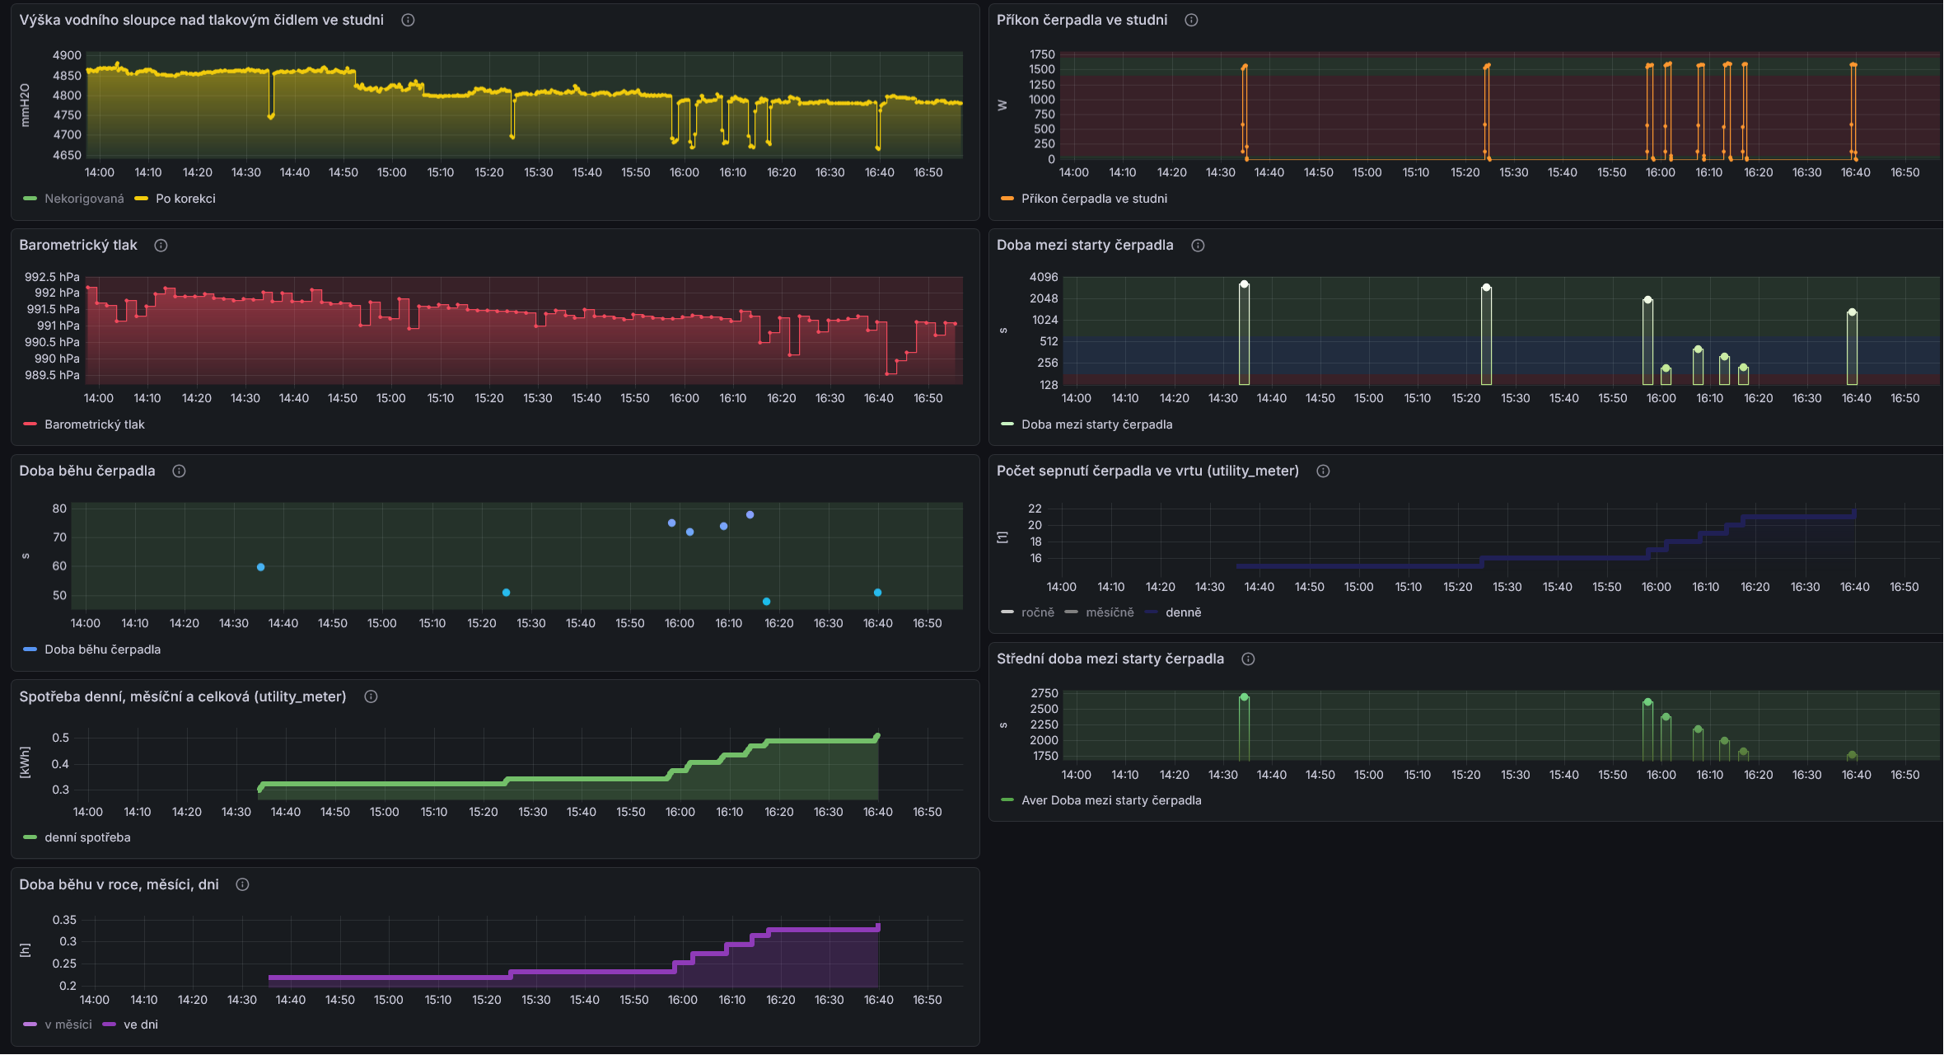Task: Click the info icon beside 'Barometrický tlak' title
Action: coord(161,246)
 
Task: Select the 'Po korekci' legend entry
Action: coord(175,199)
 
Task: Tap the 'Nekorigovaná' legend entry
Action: coord(74,199)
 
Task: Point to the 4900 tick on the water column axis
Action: coord(67,55)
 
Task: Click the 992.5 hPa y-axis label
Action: coord(52,277)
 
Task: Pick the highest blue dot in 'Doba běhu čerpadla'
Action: coord(750,515)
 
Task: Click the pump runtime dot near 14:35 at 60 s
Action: coord(260,567)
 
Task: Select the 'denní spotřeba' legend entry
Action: coord(77,837)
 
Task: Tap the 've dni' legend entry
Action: coord(131,1025)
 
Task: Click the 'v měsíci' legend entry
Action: coord(58,1025)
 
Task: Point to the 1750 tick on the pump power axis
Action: coord(1042,54)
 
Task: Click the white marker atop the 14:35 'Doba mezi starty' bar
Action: coord(1244,284)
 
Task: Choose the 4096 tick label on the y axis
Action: coord(1044,277)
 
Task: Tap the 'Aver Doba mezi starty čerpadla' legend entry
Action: coord(1101,800)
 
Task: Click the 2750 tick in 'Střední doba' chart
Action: coord(1044,693)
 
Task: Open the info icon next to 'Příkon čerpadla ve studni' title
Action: coord(1191,20)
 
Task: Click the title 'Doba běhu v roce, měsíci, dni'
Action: coord(119,884)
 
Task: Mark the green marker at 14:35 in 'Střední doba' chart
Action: coord(1244,697)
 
